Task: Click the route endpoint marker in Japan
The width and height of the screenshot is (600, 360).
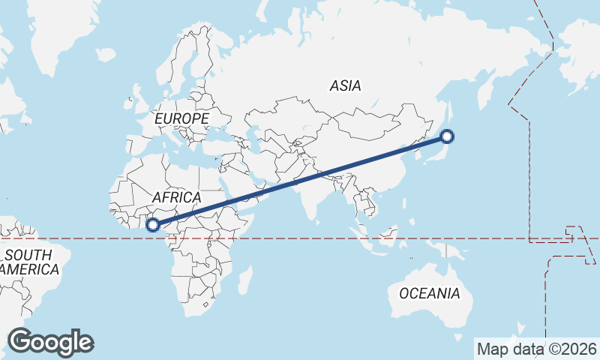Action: coord(447,136)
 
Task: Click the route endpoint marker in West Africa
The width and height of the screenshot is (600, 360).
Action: coord(153,224)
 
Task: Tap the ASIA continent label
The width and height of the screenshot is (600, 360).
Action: coord(345,85)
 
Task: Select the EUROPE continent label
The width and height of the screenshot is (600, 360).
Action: coord(181,118)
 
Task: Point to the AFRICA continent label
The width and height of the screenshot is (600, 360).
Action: coord(176,197)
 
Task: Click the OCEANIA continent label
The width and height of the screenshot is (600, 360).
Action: coord(429,293)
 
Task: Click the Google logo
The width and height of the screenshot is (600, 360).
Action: coord(50,342)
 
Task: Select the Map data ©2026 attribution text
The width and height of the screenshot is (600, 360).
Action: coord(536,349)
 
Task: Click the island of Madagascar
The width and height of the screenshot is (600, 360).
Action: coord(244,280)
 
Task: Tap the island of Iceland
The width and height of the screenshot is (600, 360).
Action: coord(106,54)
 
